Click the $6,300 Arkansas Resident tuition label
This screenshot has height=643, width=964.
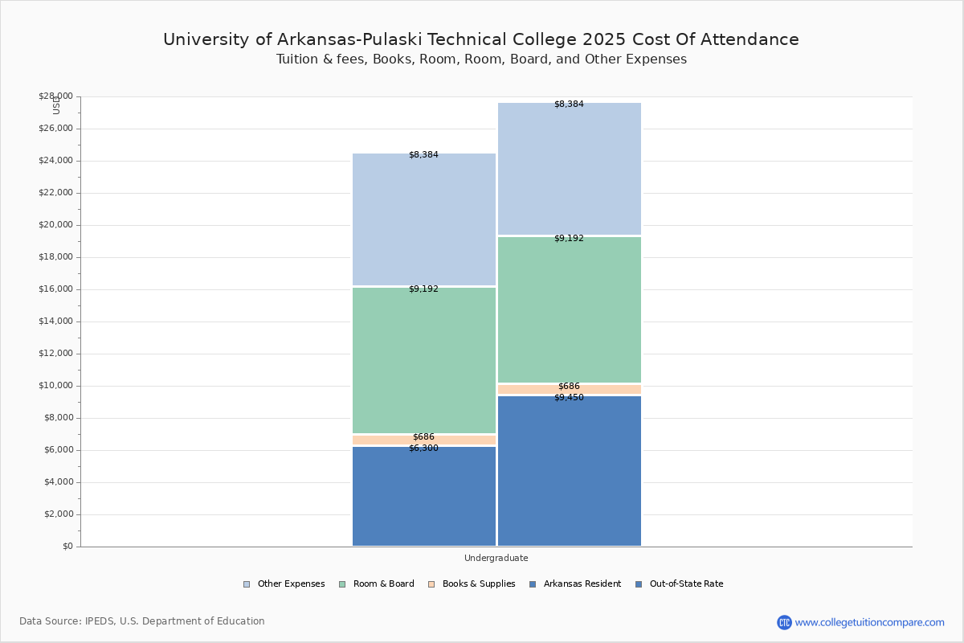tap(423, 448)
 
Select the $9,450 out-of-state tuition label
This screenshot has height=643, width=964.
tap(569, 398)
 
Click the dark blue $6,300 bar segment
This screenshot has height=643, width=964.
tap(424, 498)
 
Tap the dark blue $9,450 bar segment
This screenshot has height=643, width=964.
tap(569, 474)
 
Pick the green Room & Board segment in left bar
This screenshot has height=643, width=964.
tap(424, 362)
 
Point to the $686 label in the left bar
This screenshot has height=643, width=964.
tap(423, 437)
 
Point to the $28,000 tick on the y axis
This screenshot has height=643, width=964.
tap(55, 96)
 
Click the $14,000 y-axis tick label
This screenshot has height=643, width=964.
tap(55, 321)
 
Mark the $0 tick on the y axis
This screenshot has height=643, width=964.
tap(67, 547)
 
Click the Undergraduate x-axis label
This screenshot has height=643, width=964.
tap(496, 558)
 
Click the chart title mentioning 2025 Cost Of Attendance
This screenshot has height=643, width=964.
tap(481, 39)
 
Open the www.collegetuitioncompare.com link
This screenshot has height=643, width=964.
tap(869, 622)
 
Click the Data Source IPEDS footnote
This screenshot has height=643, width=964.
tap(142, 621)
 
